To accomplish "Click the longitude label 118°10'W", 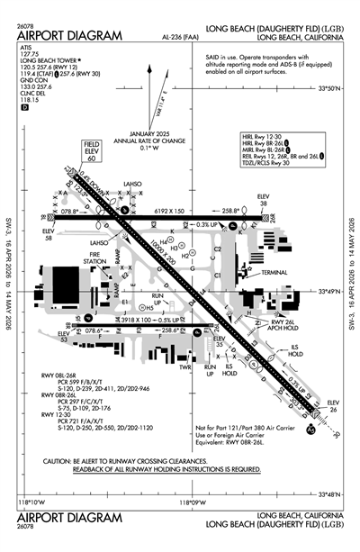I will [33, 502].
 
